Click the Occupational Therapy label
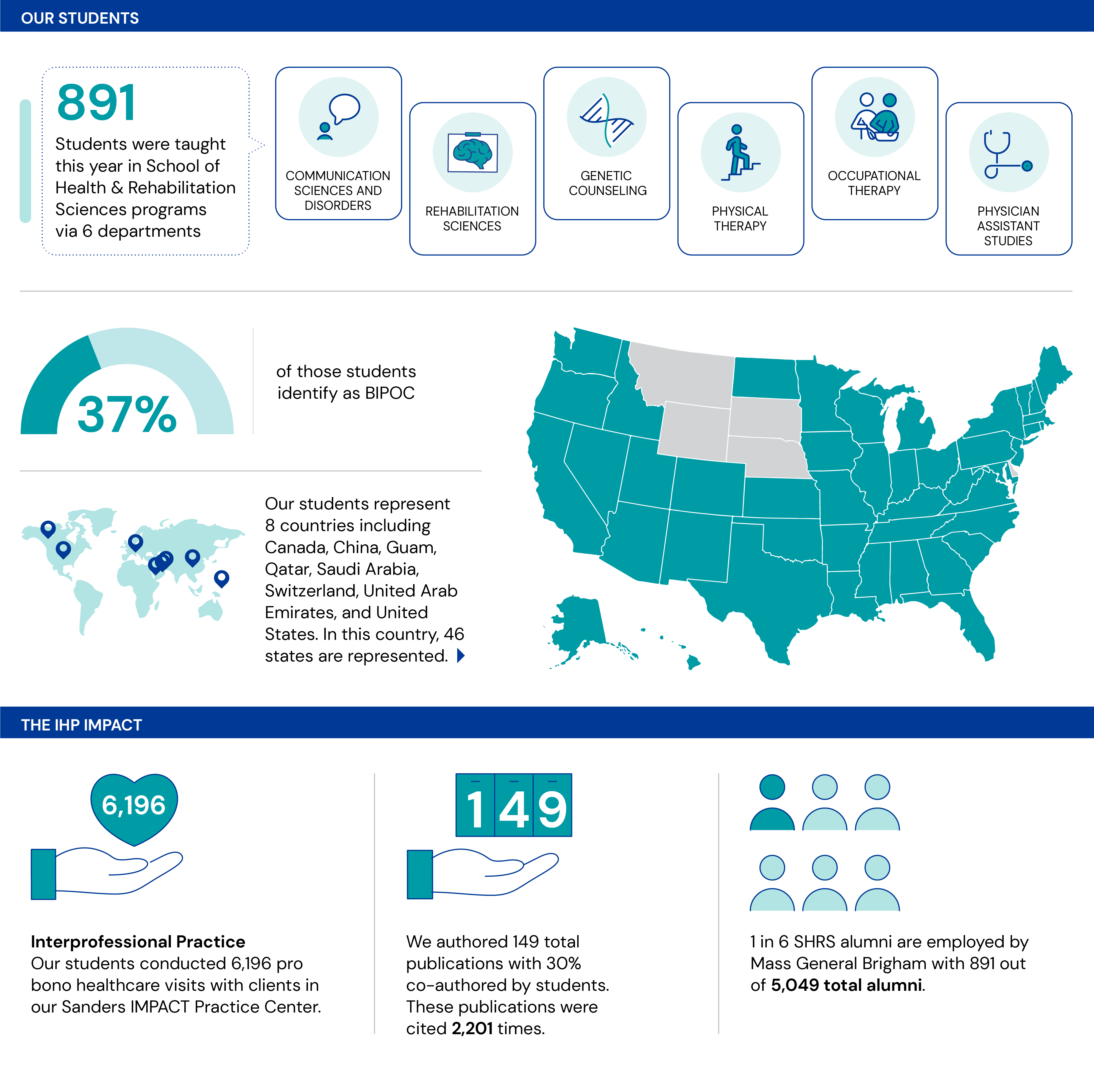click(874, 183)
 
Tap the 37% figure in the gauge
click(127, 415)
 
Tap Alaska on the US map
click(579, 624)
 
